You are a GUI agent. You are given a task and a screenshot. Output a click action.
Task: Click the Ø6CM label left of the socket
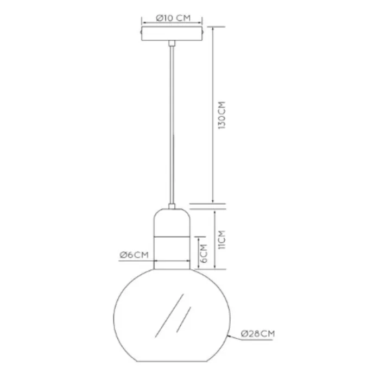[134, 255]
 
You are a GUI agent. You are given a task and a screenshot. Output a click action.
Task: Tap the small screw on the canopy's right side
[205, 32]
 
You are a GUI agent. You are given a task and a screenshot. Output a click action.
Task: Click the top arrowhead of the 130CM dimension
[213, 27]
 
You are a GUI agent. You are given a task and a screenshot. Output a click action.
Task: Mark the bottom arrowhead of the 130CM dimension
[213, 200]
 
